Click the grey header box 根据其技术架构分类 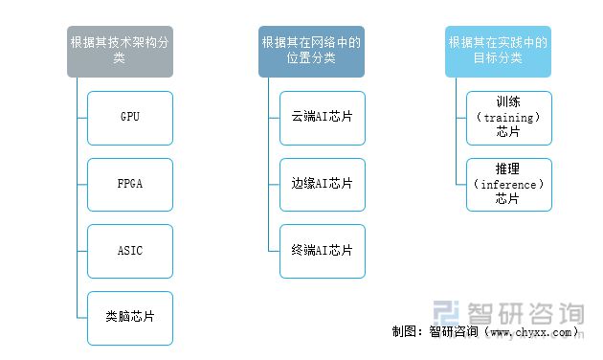click(x=119, y=51)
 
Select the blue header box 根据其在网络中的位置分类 click(x=311, y=51)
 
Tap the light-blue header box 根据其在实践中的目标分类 click(x=498, y=51)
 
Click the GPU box click(x=130, y=118)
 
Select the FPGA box click(x=130, y=184)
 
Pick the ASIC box click(x=130, y=251)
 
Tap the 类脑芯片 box click(x=130, y=317)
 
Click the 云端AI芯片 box click(x=322, y=118)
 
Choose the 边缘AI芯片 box click(x=322, y=184)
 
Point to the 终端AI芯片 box click(x=322, y=251)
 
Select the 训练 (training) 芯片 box click(x=508, y=118)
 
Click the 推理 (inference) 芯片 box click(x=508, y=184)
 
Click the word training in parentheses click(x=508, y=118)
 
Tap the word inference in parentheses click(x=508, y=184)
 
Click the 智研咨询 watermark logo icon click(x=448, y=313)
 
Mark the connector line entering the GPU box click(x=81, y=118)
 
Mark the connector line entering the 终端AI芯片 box click(x=274, y=251)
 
